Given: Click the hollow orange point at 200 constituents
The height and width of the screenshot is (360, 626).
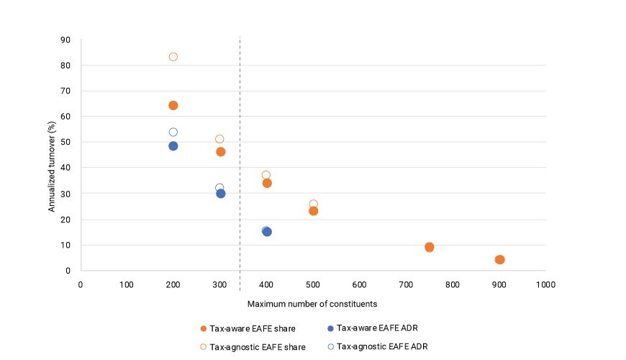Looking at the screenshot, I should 173,57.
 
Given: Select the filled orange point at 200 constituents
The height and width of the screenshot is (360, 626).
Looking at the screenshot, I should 173,105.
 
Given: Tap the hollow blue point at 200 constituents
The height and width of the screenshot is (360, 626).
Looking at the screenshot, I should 173,132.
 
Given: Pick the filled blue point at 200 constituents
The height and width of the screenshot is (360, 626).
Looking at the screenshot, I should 173,146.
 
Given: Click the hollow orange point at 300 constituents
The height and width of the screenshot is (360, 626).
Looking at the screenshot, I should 219,139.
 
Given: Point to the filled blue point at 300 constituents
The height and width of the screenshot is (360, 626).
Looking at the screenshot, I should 221,194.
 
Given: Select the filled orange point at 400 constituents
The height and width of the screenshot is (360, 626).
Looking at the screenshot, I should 267,183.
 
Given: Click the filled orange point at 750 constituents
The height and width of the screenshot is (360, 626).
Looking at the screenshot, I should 430,247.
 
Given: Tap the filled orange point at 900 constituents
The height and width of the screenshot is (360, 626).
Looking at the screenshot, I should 500,260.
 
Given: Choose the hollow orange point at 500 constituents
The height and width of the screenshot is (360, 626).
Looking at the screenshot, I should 313,204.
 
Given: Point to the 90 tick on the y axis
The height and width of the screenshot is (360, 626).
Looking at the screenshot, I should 66,40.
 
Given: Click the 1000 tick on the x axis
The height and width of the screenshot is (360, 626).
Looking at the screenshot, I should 545,284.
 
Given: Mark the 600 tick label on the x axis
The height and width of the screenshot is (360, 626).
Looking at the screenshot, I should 360,284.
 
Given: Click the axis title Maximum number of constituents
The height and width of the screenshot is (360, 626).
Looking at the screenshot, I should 312,303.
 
